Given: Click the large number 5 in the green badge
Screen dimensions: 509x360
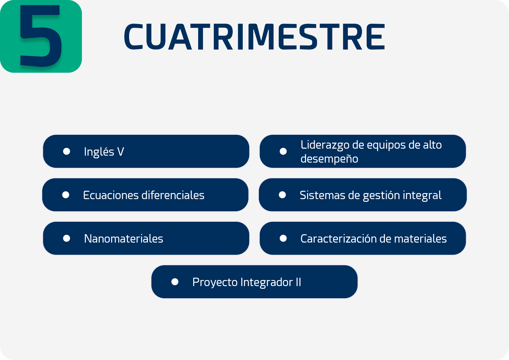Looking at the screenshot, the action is (41, 36).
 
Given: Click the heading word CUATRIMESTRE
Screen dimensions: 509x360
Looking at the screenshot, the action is (255, 37).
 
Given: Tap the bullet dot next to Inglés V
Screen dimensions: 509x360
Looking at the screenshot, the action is (66, 151).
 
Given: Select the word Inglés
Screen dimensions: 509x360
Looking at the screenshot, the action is (99, 152).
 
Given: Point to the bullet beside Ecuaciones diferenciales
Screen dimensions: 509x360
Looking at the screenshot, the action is (66, 195).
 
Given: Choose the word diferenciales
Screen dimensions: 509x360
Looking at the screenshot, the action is (173, 195).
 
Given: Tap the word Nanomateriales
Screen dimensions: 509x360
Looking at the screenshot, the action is (124, 239).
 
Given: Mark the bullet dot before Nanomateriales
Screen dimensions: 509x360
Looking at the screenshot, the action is (66, 238).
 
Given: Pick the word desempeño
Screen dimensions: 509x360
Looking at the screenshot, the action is (329, 159).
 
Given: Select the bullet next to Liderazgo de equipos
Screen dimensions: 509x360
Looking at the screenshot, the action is (283, 151).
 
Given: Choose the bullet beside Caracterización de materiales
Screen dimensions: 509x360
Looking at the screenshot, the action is (283, 238).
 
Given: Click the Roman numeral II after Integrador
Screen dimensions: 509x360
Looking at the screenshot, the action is (298, 282).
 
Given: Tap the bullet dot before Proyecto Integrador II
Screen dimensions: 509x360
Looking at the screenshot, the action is (175, 282).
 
